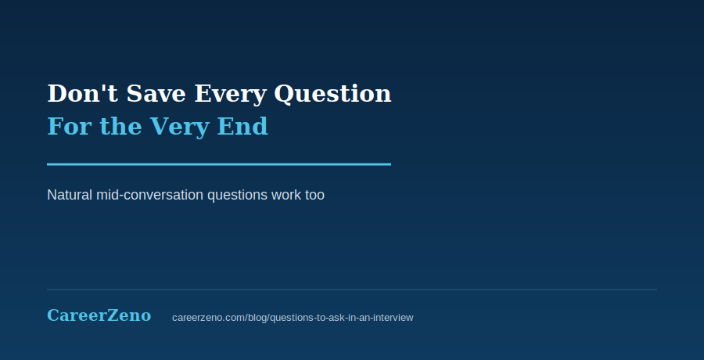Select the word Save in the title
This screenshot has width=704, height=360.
[156, 93]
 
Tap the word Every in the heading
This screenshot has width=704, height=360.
[230, 95]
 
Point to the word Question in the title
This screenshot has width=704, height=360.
[332, 95]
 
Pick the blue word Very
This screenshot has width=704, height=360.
[179, 128]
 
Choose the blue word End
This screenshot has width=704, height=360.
[242, 126]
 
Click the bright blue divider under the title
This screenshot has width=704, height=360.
[219, 164]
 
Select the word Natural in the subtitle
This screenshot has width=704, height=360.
[70, 195]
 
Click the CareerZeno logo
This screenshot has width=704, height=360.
[99, 315]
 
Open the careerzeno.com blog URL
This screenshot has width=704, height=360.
[293, 318]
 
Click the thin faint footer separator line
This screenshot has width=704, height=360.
[352, 290]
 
